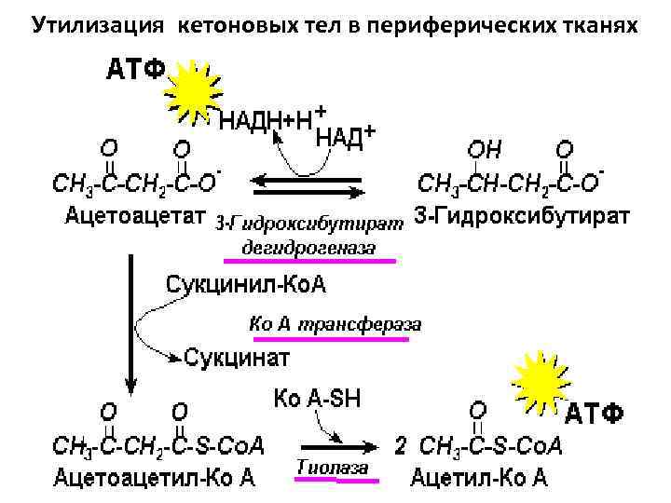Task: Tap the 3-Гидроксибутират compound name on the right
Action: (x=521, y=217)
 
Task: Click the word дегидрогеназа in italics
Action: (x=308, y=248)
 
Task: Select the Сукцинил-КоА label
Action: (x=246, y=284)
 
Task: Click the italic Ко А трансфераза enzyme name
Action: (x=335, y=324)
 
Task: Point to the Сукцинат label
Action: (x=237, y=356)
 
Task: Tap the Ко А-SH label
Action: (x=318, y=399)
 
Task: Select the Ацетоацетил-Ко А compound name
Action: (x=155, y=479)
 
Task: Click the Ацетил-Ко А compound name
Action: (x=479, y=479)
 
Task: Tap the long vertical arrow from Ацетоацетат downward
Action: (x=132, y=317)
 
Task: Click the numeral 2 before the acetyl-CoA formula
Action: (x=401, y=445)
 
